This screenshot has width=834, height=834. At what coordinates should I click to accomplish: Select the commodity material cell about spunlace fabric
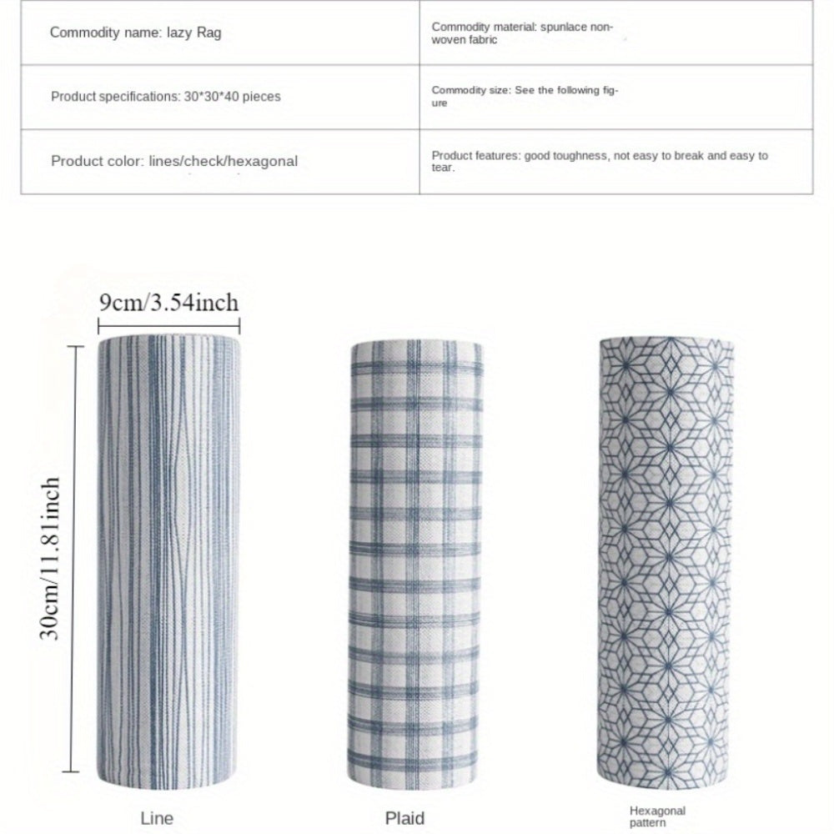click(522, 33)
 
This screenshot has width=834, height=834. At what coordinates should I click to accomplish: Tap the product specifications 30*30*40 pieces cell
click(165, 97)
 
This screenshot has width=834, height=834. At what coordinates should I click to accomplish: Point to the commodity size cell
click(525, 96)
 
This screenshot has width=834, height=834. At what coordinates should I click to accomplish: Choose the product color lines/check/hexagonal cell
click(173, 161)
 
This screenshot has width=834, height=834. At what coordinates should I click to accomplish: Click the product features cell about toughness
click(600, 161)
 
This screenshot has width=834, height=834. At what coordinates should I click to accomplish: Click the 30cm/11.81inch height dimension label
click(52, 557)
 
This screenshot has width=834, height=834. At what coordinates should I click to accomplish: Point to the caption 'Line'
click(157, 818)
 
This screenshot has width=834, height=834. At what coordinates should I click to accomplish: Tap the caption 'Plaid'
click(405, 818)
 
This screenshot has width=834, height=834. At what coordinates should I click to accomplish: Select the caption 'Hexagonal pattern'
click(658, 816)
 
